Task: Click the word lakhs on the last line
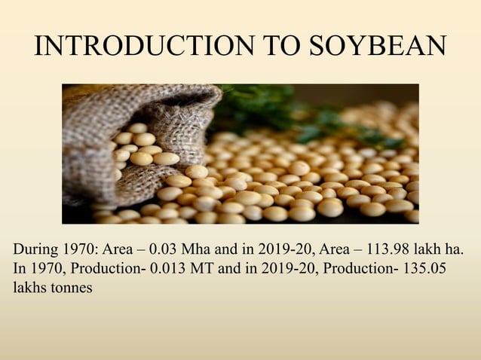(29, 287)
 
